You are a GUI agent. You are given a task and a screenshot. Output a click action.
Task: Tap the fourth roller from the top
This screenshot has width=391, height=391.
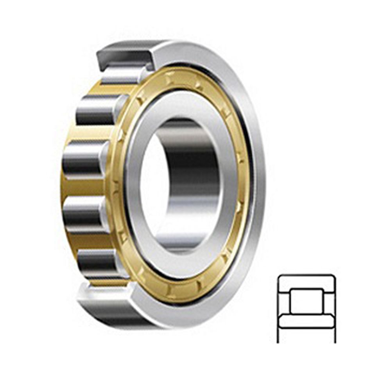point(84,213)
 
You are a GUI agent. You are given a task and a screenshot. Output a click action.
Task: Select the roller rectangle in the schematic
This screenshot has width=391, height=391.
point(306,301)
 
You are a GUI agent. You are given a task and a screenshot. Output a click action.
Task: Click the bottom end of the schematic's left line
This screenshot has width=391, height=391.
point(278,342)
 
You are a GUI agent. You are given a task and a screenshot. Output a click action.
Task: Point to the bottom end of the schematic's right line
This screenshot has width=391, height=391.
point(335,342)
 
